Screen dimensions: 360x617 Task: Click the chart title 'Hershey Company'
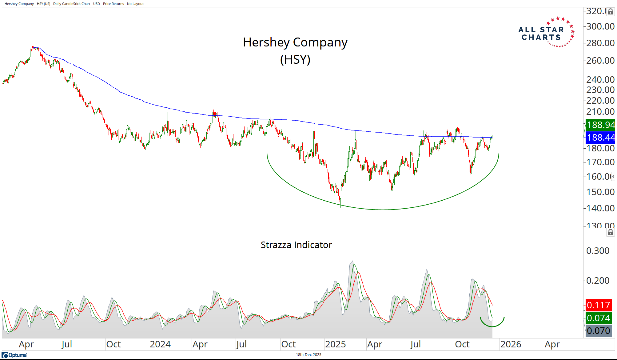pyautogui.click(x=295, y=42)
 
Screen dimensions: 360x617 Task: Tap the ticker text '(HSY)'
pyautogui.click(x=295, y=59)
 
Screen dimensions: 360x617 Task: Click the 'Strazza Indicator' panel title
pyautogui.click(x=296, y=245)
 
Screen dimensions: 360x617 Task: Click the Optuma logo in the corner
pyautogui.click(x=14, y=355)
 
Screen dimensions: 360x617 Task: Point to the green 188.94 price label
pyautogui.click(x=600, y=125)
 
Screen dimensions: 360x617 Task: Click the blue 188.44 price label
pyautogui.click(x=600, y=138)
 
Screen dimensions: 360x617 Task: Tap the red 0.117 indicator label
pyautogui.click(x=598, y=305)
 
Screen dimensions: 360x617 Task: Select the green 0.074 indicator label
pyautogui.click(x=598, y=318)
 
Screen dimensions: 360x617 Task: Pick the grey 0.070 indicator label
pyautogui.click(x=598, y=331)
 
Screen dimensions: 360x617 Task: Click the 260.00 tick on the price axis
pyautogui.click(x=600, y=61)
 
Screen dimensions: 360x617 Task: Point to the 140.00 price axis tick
pyautogui.click(x=600, y=208)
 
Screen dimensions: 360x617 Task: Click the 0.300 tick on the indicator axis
pyautogui.click(x=598, y=251)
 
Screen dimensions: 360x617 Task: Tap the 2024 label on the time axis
pyautogui.click(x=160, y=344)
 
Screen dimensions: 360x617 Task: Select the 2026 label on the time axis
pyautogui.click(x=511, y=344)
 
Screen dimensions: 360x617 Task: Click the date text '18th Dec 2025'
pyautogui.click(x=308, y=355)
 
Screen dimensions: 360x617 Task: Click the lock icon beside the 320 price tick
pyautogui.click(x=611, y=12)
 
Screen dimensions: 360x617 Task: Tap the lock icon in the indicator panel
pyautogui.click(x=611, y=232)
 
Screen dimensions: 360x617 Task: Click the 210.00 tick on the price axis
pyautogui.click(x=600, y=112)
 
